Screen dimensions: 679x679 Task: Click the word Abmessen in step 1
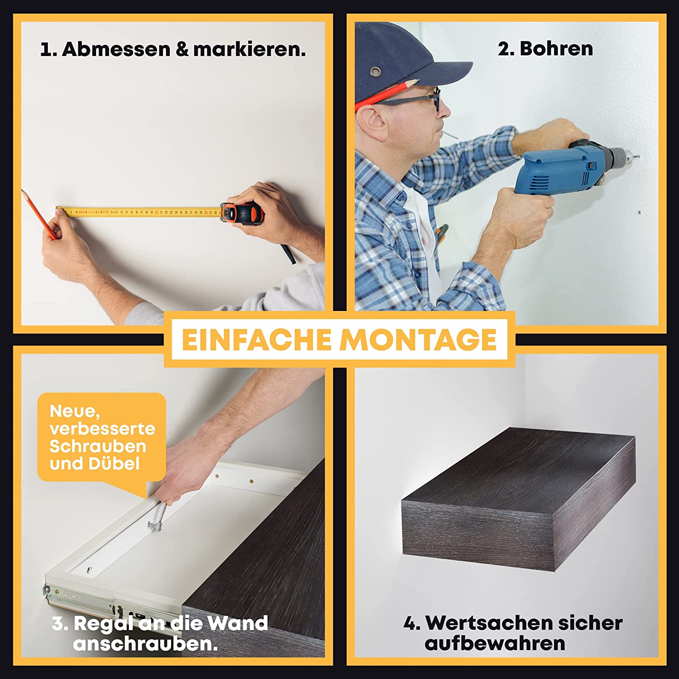point(116,49)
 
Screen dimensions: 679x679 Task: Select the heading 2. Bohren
point(545,48)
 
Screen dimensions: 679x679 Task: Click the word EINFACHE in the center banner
point(256,339)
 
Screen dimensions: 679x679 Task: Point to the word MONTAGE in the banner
point(419,339)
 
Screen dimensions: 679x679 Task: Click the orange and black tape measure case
point(242,212)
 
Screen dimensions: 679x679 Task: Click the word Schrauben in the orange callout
point(98,446)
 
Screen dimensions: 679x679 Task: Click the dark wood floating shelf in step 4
point(519,498)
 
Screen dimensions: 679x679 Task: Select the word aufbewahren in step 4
point(495,643)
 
